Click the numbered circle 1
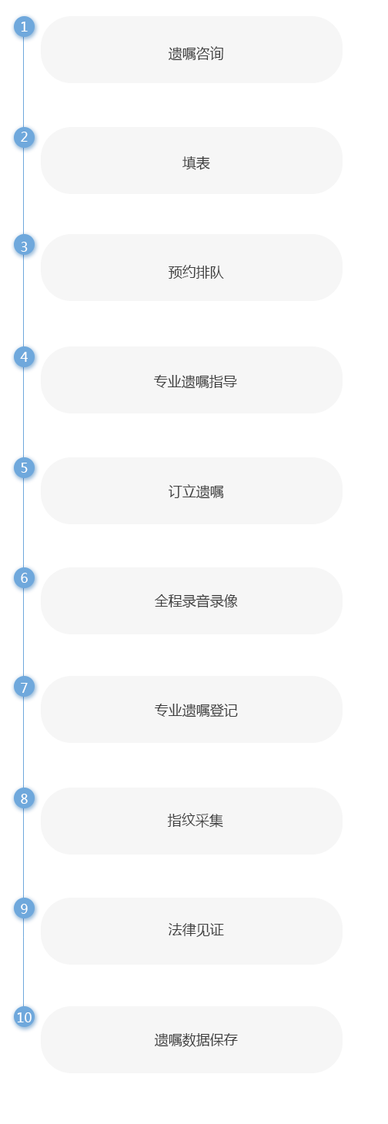click(x=24, y=27)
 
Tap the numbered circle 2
click(x=24, y=137)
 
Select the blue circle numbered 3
click(x=24, y=246)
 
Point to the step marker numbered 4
click(x=24, y=357)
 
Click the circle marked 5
click(x=24, y=468)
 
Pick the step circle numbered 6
click(x=24, y=578)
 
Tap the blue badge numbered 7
click(x=24, y=687)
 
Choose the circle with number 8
click(x=24, y=798)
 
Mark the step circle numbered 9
click(x=24, y=908)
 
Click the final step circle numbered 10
click(x=24, y=1017)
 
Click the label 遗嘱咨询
click(x=196, y=54)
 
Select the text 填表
click(x=196, y=163)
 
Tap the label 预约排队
click(x=196, y=273)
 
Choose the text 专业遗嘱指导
click(x=196, y=382)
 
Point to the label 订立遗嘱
click(x=196, y=492)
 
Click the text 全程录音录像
click(x=196, y=601)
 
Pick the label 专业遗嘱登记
click(x=196, y=711)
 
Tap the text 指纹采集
click(x=196, y=821)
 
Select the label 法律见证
click(x=196, y=930)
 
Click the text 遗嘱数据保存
click(x=196, y=1039)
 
